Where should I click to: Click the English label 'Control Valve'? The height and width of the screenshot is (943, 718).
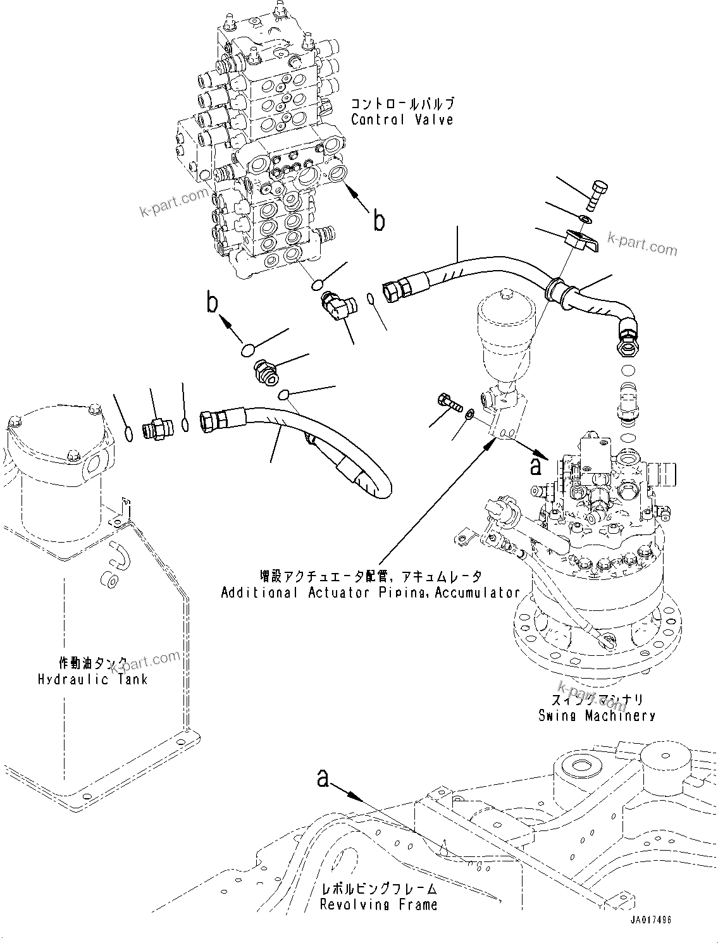402,119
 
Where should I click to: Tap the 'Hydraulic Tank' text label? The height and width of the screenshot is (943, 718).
92,679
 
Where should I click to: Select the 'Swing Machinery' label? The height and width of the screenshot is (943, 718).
596,715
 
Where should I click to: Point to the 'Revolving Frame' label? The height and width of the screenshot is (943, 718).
378,904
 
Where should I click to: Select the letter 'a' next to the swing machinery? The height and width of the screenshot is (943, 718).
536,467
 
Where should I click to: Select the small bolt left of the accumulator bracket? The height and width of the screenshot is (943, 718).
447,401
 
